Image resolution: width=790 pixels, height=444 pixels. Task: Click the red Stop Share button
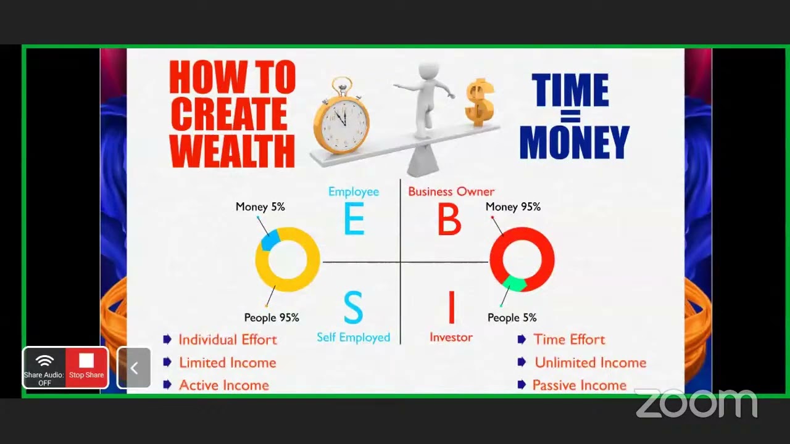pyautogui.click(x=86, y=368)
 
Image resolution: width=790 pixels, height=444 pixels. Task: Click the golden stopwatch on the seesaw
pyautogui.click(x=341, y=117)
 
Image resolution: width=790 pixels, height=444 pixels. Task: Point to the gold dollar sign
pyautogui.click(x=480, y=102)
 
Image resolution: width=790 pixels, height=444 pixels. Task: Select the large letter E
pyautogui.click(x=354, y=220)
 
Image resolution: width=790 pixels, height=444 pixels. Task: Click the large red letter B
pyautogui.click(x=449, y=220)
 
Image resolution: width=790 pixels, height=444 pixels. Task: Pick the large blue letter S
pyautogui.click(x=353, y=308)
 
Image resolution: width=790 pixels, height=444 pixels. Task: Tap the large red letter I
pyautogui.click(x=451, y=308)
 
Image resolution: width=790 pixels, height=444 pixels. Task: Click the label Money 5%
pyautogui.click(x=260, y=207)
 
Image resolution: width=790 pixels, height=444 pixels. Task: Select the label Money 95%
pyautogui.click(x=513, y=207)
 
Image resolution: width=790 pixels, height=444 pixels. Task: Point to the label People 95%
pyautogui.click(x=272, y=318)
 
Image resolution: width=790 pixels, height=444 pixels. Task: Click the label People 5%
pyautogui.click(x=512, y=318)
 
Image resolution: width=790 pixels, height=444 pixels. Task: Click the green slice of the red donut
pyautogui.click(x=514, y=284)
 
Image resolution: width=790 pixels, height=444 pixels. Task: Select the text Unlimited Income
pyautogui.click(x=590, y=363)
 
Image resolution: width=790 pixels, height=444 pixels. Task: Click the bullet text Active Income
pyautogui.click(x=223, y=385)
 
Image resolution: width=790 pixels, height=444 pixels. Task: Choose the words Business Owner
pyautogui.click(x=451, y=192)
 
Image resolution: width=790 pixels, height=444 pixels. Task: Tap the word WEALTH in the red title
pyautogui.click(x=232, y=150)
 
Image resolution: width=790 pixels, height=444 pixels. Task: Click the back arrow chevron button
pyautogui.click(x=134, y=368)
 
